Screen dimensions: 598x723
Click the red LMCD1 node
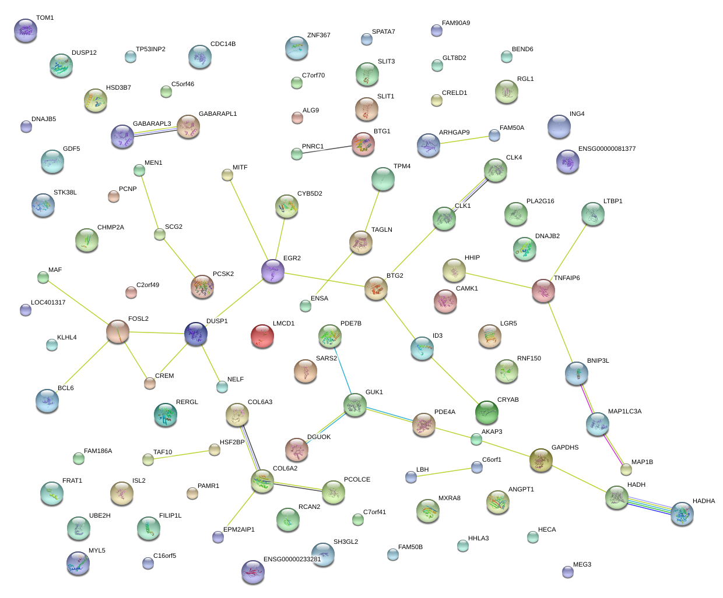pyautogui.click(x=262, y=336)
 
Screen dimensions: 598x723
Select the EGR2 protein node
pyautogui.click(x=273, y=271)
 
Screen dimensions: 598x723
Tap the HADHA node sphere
pyautogui.click(x=682, y=514)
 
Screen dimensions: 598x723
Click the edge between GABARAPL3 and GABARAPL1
pyautogui.click(x=156, y=131)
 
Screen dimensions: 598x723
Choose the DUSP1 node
pyautogui.click(x=196, y=334)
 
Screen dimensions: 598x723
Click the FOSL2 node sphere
pyautogui.click(x=118, y=331)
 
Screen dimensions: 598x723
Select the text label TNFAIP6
pyautogui.click(x=567, y=278)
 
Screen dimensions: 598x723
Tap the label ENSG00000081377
pyautogui.click(x=607, y=149)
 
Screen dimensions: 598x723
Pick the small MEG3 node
pyautogui.click(x=568, y=572)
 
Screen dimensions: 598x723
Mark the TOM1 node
pyautogui.click(x=26, y=30)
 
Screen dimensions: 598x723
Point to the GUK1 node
pyautogui.click(x=355, y=405)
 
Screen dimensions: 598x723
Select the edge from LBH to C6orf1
pyautogui.click(x=444, y=472)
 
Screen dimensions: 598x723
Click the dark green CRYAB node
pyautogui.click(x=487, y=412)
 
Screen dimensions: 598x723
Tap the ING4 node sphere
pyautogui.click(x=559, y=126)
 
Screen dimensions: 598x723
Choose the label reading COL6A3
pyautogui.click(x=260, y=402)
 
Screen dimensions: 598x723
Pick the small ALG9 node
pyautogui.click(x=297, y=118)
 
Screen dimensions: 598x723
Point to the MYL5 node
pyautogui.click(x=78, y=563)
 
